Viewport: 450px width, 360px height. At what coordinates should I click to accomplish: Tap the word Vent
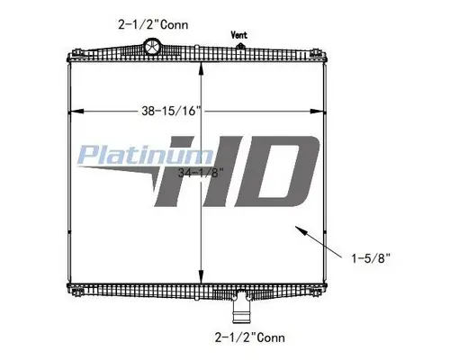click(x=240, y=35)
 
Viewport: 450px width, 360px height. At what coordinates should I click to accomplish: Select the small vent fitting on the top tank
click(x=240, y=45)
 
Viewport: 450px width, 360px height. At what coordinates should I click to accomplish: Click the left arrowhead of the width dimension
click(x=70, y=111)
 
